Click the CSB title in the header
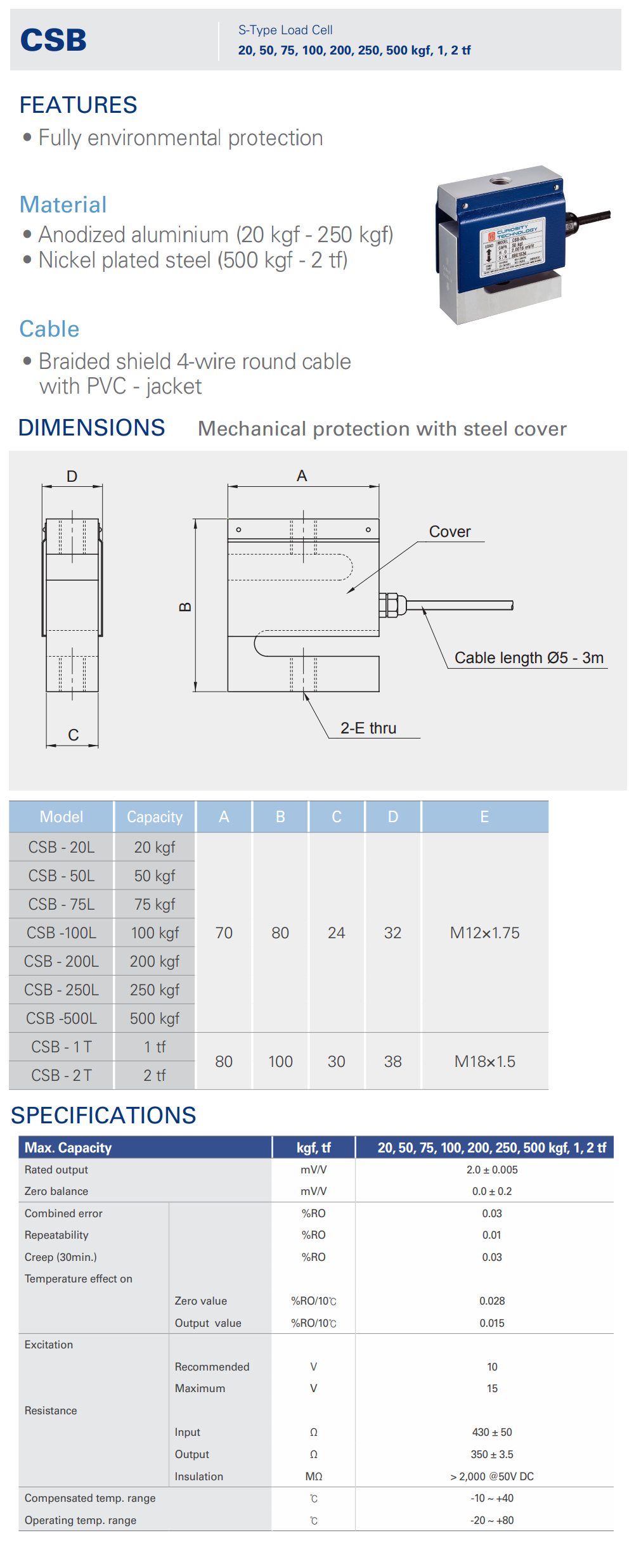[53, 40]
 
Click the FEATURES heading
[78, 105]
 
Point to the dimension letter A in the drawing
[302, 476]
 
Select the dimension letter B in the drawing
[185, 607]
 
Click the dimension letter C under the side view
[74, 735]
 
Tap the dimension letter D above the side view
[72, 476]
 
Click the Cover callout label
[450, 532]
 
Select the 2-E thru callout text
[368, 728]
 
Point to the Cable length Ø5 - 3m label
[529, 657]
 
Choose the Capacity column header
[155, 817]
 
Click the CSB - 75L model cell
[61, 904]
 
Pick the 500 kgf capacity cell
[155, 1018]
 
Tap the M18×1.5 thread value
[484, 1061]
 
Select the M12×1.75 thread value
[484, 933]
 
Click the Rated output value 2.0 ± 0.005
[492, 1170]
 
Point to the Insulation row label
[199, 1476]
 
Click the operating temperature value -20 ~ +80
[492, 1520]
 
